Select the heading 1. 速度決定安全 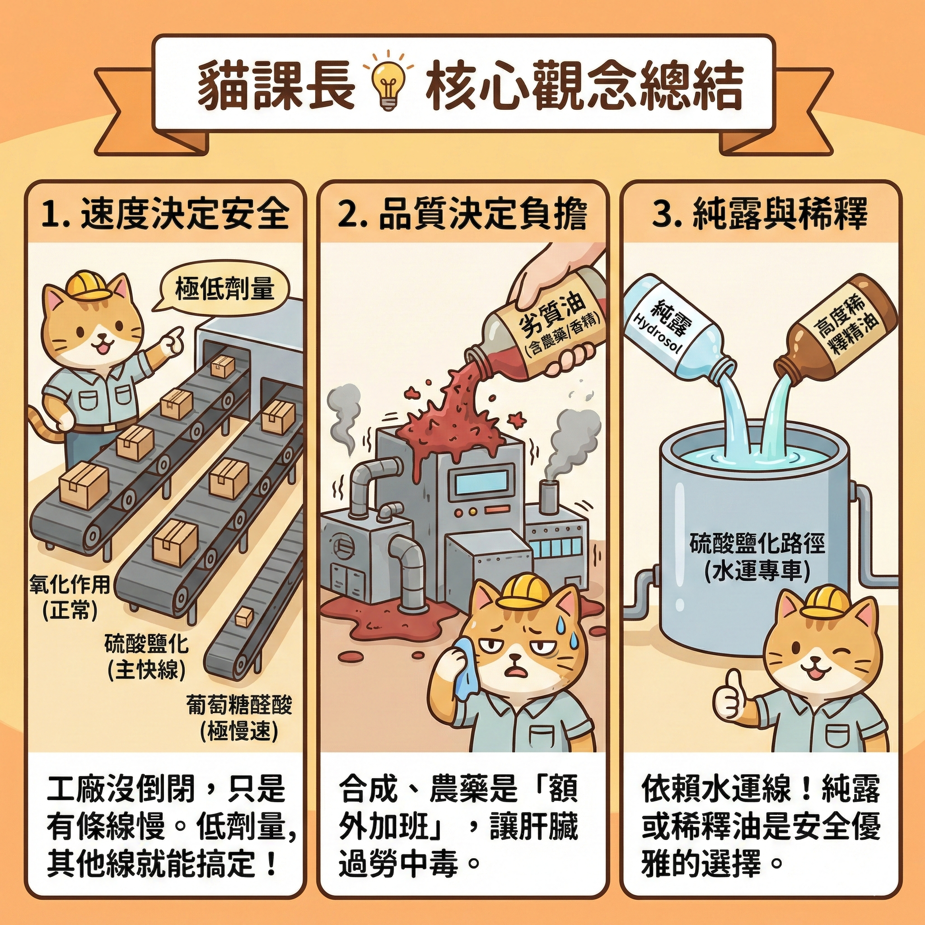165,214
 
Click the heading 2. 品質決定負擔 462,215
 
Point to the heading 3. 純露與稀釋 759,214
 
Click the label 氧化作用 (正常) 70,597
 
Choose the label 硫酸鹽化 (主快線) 146,657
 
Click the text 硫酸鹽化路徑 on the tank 757,544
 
